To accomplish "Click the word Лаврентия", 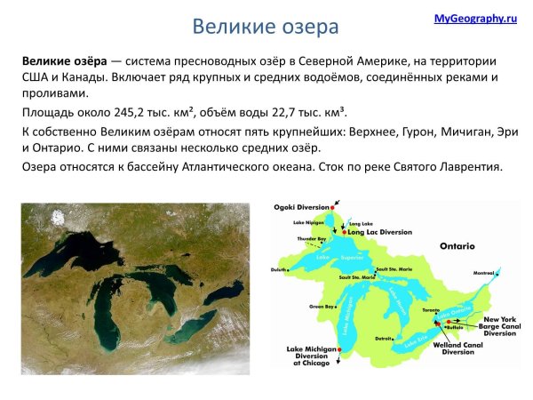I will coord(471,166).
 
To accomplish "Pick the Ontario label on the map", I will coord(457,245).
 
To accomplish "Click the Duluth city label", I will coord(281,268).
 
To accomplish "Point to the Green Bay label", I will coord(321,306).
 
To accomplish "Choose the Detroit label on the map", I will coord(385,338).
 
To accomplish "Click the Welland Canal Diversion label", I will coord(457,348).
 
